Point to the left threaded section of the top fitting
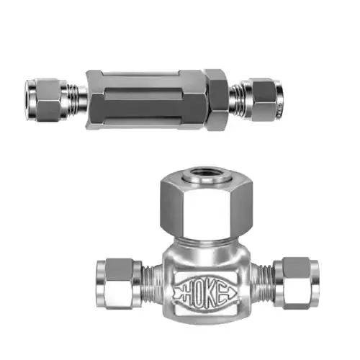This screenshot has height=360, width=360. point(73,99)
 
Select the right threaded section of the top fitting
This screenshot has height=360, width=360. point(236,99)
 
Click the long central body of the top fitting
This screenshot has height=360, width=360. point(145,99)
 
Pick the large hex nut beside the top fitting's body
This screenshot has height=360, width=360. point(217,100)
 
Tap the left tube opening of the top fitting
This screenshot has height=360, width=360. point(30,99)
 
